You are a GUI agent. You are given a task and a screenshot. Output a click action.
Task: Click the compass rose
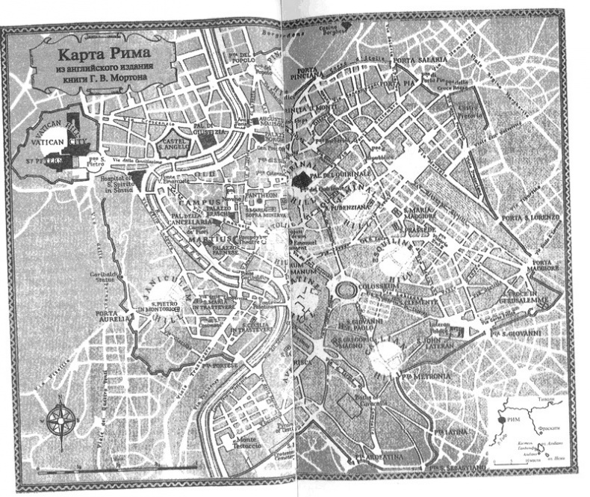tap(58, 420)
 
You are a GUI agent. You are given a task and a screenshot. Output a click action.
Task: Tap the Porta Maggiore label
tap(552, 265)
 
